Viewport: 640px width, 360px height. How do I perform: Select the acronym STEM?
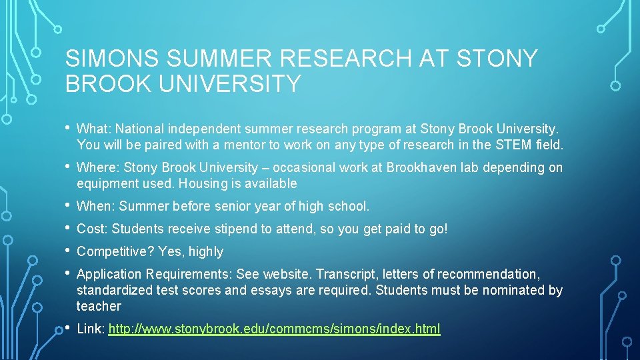pyautogui.click(x=510, y=144)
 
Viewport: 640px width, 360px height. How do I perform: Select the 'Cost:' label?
pyautogui.click(x=92, y=229)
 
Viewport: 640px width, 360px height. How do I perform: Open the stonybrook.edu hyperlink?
pyautogui.click(x=274, y=329)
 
